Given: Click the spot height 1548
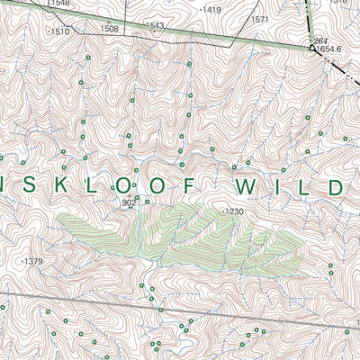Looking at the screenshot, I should pyautogui.click(x=60, y=4).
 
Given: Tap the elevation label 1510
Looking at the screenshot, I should pyautogui.click(x=60, y=31).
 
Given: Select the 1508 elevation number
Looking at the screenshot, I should pyautogui.click(x=109, y=29).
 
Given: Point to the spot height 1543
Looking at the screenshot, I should pyautogui.click(x=155, y=26).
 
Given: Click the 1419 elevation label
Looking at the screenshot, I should pyautogui.click(x=211, y=10).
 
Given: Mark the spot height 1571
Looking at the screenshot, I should pyautogui.click(x=260, y=19).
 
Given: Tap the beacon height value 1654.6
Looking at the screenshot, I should pyautogui.click(x=331, y=49).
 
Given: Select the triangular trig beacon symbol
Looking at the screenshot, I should pyautogui.click(x=311, y=49).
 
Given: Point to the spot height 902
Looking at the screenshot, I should pyautogui.click(x=129, y=202).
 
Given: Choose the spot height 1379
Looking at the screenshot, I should pyautogui.click(x=33, y=261).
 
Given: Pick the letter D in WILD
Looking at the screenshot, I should pyautogui.click(x=333, y=187).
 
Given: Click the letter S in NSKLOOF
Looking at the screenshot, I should pyautogui.click(x=25, y=187).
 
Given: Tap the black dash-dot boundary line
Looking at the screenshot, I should pyautogui.click(x=309, y=22).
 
